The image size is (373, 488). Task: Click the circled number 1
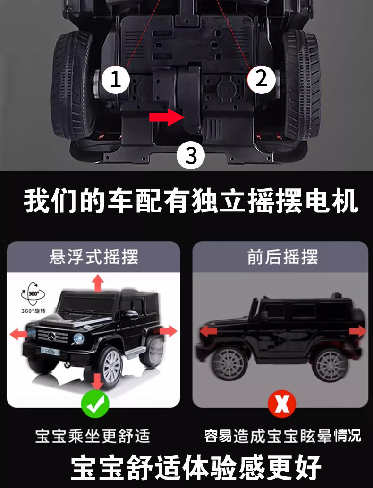tap(116, 80)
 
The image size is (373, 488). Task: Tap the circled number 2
tap(261, 79)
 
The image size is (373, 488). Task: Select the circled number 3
tap(191, 155)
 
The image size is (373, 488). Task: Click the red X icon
tap(282, 404)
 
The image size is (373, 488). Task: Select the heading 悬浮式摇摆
tap(93, 257)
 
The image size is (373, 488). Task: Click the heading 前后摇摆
tap(282, 257)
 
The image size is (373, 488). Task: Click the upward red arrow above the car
tap(98, 284)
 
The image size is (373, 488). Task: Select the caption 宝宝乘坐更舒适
tap(93, 435)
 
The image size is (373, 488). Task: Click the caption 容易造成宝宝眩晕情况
tap(282, 435)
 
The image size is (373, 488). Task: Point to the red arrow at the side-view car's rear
tap(357, 331)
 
